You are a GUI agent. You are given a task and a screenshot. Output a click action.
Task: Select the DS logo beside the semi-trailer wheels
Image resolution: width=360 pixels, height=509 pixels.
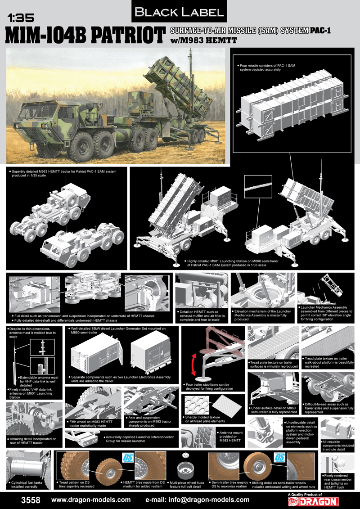[279, 457]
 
